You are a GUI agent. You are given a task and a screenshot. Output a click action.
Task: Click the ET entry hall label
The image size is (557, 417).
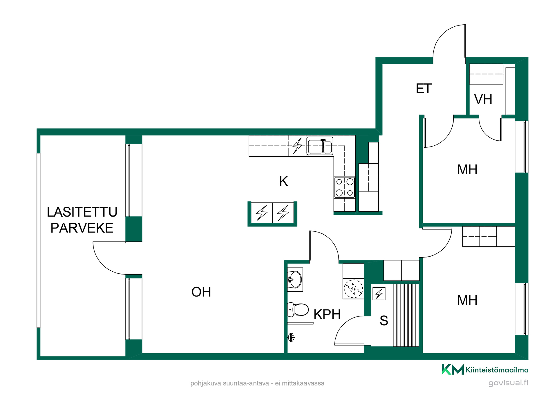(x=424, y=89)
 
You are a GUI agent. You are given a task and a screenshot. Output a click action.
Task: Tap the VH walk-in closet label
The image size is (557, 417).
(x=483, y=100)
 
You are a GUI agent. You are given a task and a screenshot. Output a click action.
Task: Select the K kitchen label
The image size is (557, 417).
(x=283, y=181)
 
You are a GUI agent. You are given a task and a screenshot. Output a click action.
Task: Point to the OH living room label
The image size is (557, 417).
(x=201, y=292)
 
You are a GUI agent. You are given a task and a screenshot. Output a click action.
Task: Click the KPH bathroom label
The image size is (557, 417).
(x=327, y=314)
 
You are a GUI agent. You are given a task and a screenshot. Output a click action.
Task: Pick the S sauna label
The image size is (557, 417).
(x=384, y=321)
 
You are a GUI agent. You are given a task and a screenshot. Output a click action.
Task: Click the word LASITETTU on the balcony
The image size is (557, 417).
(x=82, y=212)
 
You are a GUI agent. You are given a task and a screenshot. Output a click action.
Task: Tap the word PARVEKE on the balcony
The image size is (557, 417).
(x=82, y=228)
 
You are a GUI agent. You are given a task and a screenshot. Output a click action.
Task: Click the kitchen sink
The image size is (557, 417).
(x=320, y=146)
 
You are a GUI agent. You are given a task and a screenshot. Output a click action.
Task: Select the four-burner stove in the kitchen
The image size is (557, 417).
(x=345, y=187)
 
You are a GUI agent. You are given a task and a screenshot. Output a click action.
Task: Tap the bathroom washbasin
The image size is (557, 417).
(x=295, y=279)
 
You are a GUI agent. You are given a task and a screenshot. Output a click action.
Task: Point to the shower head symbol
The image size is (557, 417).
(x=291, y=337)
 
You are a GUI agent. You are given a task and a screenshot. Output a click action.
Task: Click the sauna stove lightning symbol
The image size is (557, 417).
(x=379, y=294)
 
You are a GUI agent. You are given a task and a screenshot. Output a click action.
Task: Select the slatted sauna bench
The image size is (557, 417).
(x=406, y=315)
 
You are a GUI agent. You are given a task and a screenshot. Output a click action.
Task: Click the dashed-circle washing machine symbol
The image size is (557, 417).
(x=353, y=289)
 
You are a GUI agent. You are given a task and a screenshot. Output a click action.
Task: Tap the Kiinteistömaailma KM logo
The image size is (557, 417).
(x=453, y=370)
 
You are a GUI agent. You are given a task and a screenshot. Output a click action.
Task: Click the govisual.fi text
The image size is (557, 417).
(x=508, y=383)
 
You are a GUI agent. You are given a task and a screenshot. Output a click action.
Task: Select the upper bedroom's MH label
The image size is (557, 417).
(x=467, y=170)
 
